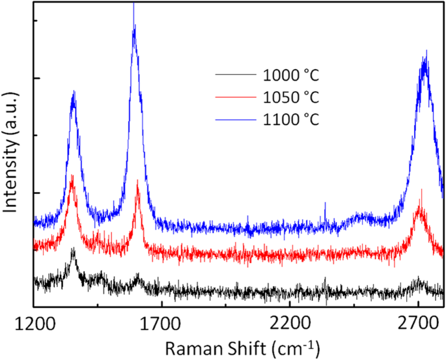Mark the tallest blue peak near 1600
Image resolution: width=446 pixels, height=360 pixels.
(134, 26)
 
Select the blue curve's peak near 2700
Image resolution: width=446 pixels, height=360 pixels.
(425, 59)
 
